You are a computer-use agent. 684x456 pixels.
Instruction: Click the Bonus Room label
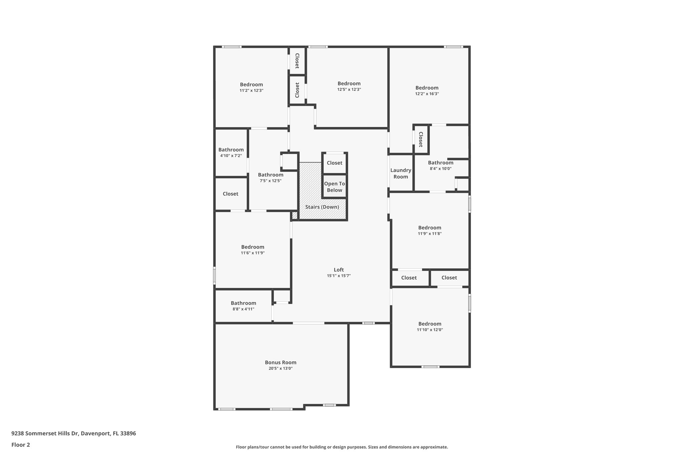click(281, 362)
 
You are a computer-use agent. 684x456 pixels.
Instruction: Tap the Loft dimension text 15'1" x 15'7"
click(339, 276)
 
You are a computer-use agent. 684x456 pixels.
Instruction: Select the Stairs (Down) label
click(322, 207)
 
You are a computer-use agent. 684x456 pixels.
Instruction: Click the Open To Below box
click(334, 187)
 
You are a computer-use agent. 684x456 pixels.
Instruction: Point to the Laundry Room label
click(400, 173)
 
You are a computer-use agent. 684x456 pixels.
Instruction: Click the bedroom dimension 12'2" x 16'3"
click(427, 94)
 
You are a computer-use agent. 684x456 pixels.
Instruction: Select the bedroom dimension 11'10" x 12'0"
click(430, 330)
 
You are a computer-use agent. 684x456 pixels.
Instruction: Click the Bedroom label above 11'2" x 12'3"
click(251, 85)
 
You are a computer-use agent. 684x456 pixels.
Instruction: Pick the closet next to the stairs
click(334, 163)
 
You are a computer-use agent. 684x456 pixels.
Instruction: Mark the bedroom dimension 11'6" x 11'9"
click(252, 253)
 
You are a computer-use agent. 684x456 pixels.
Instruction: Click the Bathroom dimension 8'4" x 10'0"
click(441, 169)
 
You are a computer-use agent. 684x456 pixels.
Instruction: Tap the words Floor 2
click(21, 445)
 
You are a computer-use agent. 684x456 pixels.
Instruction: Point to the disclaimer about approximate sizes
click(342, 447)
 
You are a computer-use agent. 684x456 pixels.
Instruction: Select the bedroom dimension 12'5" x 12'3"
click(349, 90)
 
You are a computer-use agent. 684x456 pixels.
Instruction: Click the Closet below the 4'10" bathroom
click(230, 194)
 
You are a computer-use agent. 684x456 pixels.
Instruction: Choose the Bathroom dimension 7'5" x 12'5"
click(271, 181)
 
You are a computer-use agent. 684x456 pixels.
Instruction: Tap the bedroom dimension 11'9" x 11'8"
click(430, 234)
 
